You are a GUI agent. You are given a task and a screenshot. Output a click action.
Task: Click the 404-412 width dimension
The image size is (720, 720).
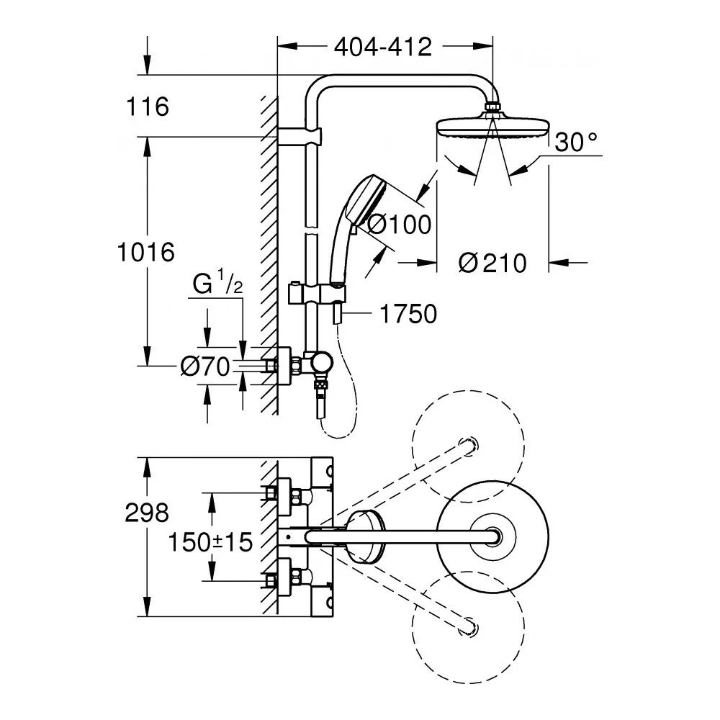[x=383, y=48]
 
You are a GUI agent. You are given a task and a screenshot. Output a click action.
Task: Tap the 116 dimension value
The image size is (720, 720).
[x=147, y=107]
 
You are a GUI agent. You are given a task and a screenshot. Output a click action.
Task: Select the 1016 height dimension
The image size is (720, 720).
[x=147, y=252]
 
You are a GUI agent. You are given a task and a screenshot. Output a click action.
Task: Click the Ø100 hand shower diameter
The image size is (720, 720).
[x=399, y=225]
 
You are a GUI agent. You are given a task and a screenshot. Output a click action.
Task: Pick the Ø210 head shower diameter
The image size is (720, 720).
[x=492, y=264]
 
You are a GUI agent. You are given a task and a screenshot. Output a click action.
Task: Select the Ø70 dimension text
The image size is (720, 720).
[x=204, y=367]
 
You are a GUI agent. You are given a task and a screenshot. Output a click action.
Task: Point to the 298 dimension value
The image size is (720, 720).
[x=147, y=513]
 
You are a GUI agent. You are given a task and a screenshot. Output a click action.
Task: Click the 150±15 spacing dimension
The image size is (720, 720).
[x=211, y=541]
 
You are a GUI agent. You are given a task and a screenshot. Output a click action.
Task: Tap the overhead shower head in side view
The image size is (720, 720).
[x=492, y=127]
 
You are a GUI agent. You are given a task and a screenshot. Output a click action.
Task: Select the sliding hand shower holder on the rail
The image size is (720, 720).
[x=317, y=295]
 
